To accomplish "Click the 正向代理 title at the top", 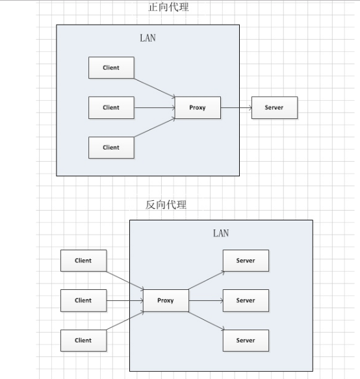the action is (168, 7).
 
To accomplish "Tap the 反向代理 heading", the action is (166, 205).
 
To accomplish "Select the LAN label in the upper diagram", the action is (148, 38).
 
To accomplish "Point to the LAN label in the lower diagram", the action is (221, 233).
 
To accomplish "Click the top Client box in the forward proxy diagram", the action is (111, 68).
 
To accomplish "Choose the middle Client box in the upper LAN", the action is (111, 107).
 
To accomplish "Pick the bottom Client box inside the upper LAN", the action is (111, 148).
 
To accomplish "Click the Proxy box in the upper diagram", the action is (198, 107).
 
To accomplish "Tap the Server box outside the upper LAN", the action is (274, 107).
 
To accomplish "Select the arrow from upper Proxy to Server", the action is (236, 107).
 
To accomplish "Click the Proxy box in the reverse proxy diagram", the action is (166, 300).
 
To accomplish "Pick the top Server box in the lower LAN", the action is (246, 261).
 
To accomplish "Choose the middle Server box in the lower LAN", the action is (246, 300).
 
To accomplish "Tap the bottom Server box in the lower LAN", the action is (246, 341).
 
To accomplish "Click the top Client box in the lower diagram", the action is (83, 261).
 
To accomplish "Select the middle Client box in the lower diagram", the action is (83, 300).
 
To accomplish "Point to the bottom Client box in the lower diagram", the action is (83, 341).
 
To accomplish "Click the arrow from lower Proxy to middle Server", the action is (206, 301).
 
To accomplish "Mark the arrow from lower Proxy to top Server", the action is (207, 280).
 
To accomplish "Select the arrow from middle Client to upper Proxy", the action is (155, 107).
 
